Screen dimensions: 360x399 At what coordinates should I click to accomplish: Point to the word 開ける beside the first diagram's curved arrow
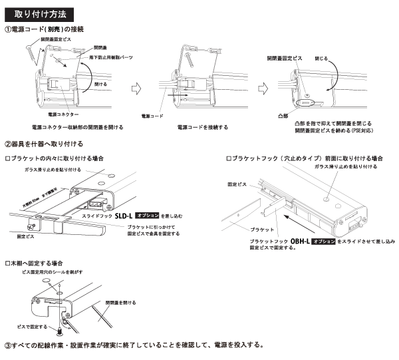coord(101,85)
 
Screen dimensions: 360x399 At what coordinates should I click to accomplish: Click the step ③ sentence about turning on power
coord(134,345)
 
